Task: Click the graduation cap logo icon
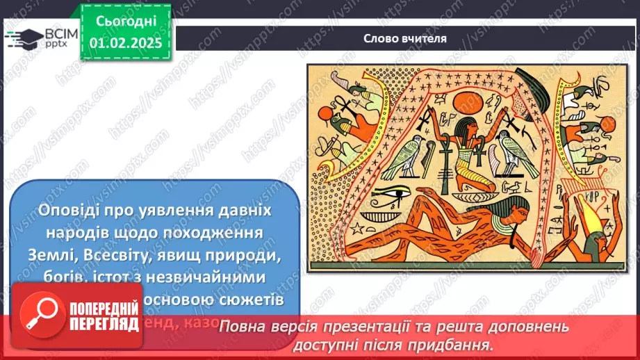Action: [24, 38]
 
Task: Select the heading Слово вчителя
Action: [404, 38]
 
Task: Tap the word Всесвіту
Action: [115, 256]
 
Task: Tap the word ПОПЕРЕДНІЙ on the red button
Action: [101, 306]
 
